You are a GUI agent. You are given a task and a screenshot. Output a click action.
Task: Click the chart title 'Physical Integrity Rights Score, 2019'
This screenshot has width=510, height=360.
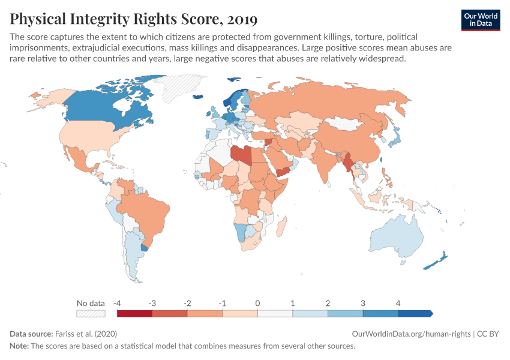pyautogui.click(x=134, y=19)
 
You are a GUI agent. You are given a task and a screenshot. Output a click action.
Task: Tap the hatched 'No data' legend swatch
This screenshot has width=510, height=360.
pyautogui.click(x=91, y=313)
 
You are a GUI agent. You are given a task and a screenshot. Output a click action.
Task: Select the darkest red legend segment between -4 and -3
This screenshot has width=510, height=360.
pyautogui.click(x=134, y=313)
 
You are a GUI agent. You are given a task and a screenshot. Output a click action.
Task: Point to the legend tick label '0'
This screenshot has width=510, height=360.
pyautogui.click(x=257, y=302)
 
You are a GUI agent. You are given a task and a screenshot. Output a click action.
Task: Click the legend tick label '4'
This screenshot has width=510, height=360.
pyautogui.click(x=398, y=302)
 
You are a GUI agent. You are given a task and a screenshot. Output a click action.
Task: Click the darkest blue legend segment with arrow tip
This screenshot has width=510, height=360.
pyautogui.click(x=415, y=313)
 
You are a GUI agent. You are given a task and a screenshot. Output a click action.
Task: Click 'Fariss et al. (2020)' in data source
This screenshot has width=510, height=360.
pyautogui.click(x=85, y=334)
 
